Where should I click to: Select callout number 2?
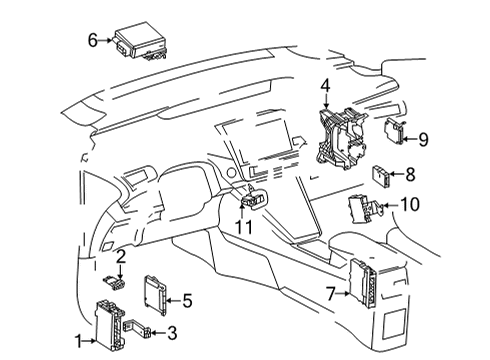pos(119,258)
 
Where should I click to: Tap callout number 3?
pos(172,333)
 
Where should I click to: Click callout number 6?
pos(92,41)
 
